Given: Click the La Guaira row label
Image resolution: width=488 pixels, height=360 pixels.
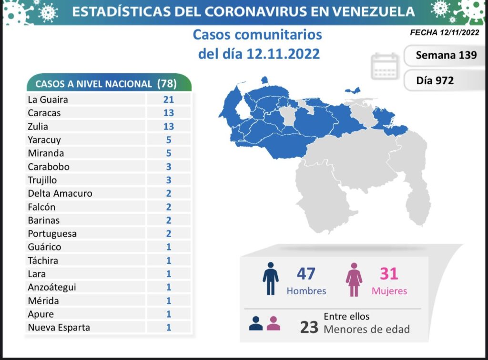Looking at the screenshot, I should [x=48, y=100].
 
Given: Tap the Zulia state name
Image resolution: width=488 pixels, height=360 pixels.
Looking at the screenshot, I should [x=38, y=127].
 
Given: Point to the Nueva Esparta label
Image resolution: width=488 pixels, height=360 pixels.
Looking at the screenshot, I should [x=59, y=327].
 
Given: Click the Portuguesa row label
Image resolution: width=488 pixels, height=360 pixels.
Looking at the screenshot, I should [x=52, y=233].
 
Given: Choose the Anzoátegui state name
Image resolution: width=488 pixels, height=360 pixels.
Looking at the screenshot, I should [x=51, y=287].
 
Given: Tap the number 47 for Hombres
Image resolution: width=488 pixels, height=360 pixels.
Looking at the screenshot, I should [x=306, y=274].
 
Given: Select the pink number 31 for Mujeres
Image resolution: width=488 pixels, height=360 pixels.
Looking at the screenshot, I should [x=388, y=274].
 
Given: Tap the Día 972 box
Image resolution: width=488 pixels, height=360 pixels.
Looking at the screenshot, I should [x=435, y=80].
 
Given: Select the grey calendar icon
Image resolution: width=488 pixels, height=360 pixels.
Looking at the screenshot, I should [x=385, y=66].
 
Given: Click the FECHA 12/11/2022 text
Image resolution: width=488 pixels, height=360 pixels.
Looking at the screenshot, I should [x=444, y=33].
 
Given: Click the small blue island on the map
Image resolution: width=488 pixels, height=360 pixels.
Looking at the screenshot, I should [x=353, y=90].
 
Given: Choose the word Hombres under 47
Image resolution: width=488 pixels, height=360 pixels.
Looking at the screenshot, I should [x=306, y=290].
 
